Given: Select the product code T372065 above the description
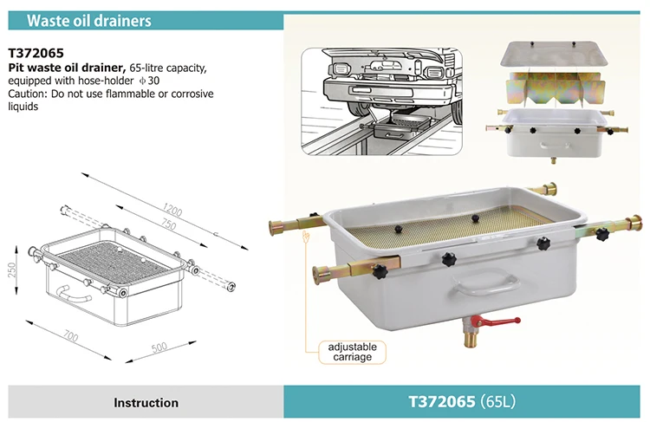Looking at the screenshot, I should tap(37, 51).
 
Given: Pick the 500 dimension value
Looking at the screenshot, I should tap(159, 347).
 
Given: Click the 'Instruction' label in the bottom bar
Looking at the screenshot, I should tap(146, 402).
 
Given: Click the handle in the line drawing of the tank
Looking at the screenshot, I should tap(75, 295).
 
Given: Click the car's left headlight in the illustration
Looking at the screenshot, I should tap(339, 68).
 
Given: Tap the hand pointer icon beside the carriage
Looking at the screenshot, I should tap(306, 237).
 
